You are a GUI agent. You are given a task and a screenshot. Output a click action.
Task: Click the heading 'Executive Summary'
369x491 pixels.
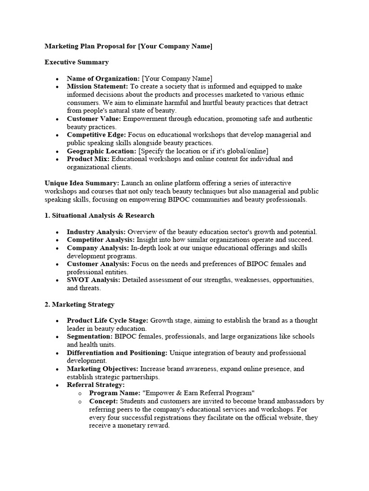coord(76,62)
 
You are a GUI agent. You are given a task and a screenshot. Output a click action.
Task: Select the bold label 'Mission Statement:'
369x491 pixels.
coord(97,86)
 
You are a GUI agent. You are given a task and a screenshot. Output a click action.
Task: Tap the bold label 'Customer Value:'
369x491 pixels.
coord(94,119)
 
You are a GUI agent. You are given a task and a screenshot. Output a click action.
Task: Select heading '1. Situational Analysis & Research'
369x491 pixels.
coord(99,216)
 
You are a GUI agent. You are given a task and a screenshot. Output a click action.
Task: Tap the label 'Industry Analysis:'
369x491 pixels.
coord(96,232)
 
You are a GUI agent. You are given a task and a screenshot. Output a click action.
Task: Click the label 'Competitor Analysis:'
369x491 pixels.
coord(101,240)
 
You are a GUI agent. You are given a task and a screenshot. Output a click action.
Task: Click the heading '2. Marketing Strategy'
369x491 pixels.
coord(79,304)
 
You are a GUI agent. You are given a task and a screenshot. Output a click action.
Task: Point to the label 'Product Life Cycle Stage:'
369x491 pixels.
coord(108,320)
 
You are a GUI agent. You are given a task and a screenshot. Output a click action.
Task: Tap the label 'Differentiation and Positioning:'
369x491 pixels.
coord(117,353)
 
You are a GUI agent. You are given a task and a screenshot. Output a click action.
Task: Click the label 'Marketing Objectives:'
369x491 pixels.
coord(102,369)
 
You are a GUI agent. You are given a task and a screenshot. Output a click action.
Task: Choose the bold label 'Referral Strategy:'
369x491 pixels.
coord(96,385)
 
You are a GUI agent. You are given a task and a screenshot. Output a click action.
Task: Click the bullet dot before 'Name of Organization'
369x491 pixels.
coord(57,79)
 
